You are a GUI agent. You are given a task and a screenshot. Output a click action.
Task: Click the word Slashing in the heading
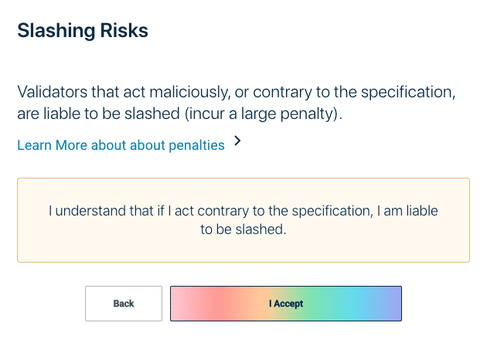(x=56, y=31)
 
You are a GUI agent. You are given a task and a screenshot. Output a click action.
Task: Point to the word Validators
(x=53, y=92)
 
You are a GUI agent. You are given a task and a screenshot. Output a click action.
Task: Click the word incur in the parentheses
(x=205, y=114)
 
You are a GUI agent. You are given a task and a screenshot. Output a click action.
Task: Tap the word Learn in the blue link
(x=34, y=145)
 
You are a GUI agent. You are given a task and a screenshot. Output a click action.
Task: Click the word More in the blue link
(x=71, y=145)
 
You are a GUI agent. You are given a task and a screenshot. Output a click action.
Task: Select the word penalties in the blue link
(x=196, y=145)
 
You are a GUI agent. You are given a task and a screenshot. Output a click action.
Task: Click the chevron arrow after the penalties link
(x=237, y=141)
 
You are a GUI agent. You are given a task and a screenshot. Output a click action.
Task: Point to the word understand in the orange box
(x=90, y=211)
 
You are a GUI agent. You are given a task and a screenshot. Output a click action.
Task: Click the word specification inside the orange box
(x=332, y=211)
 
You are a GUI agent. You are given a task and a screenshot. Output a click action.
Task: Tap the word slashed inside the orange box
(x=261, y=229)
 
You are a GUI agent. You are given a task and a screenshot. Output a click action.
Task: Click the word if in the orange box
(x=161, y=211)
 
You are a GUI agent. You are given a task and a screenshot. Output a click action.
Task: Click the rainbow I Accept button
(x=286, y=304)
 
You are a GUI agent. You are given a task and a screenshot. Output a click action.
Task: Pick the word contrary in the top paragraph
(x=282, y=93)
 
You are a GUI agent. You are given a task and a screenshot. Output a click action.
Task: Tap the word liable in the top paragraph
(x=62, y=114)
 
